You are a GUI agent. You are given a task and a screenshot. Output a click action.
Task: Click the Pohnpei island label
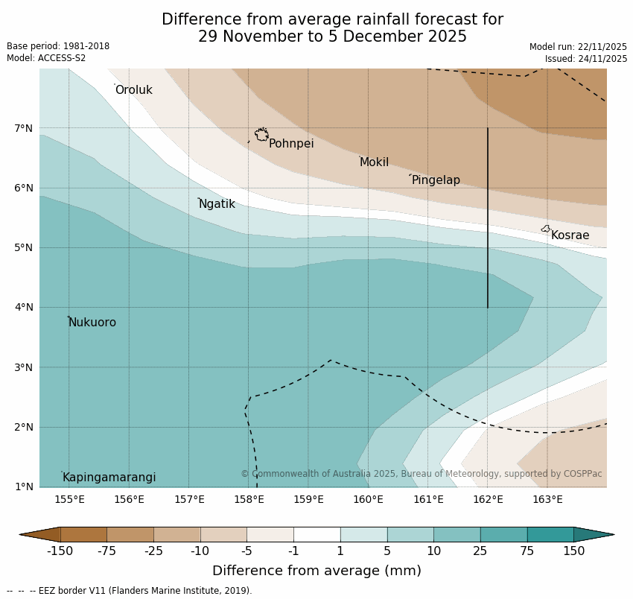coord(291,144)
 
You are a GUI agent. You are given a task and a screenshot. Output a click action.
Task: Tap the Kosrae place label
coord(570,235)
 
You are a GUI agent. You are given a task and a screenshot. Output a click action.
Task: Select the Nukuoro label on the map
coord(92,323)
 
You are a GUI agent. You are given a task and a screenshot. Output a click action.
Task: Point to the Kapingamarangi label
coord(109,478)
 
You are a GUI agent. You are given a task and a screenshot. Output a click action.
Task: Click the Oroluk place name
coord(134,90)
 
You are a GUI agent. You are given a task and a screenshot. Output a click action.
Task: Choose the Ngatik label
coord(217,204)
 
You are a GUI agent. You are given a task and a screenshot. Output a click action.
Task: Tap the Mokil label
coord(374,162)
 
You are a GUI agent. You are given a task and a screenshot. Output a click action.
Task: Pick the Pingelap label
coord(436,180)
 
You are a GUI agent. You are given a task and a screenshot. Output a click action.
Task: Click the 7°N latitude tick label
coord(24,128)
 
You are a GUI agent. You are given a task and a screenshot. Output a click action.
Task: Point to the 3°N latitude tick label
coord(24,367)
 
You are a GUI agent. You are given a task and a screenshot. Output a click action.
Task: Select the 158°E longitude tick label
coord(249,499)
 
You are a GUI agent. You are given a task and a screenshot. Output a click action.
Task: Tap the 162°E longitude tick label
coord(488,499)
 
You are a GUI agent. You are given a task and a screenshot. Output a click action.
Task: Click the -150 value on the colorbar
coord(60,551)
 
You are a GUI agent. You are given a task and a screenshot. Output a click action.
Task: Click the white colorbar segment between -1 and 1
coord(316,534)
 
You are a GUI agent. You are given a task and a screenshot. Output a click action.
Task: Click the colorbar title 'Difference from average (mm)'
coord(316,571)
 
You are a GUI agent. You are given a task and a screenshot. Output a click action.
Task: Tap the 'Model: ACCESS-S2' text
coord(46,58)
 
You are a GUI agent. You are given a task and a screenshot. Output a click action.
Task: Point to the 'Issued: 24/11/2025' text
coord(586,59)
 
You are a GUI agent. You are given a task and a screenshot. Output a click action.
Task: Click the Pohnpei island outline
coord(261,135)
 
